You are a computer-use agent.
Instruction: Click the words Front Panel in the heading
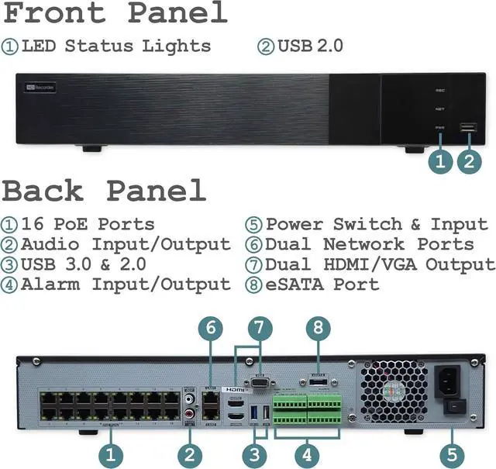coord(115,13)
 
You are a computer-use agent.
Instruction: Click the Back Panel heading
coord(105,191)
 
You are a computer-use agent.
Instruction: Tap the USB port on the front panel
coord(467,128)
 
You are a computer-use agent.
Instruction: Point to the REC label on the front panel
coord(439,91)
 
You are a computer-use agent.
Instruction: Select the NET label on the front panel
coord(439,109)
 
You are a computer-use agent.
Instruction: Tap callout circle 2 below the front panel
coord(468,161)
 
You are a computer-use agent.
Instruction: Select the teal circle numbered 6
coord(211,328)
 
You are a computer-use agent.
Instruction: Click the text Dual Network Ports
coord(370,244)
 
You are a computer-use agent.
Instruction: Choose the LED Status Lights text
coord(116,46)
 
